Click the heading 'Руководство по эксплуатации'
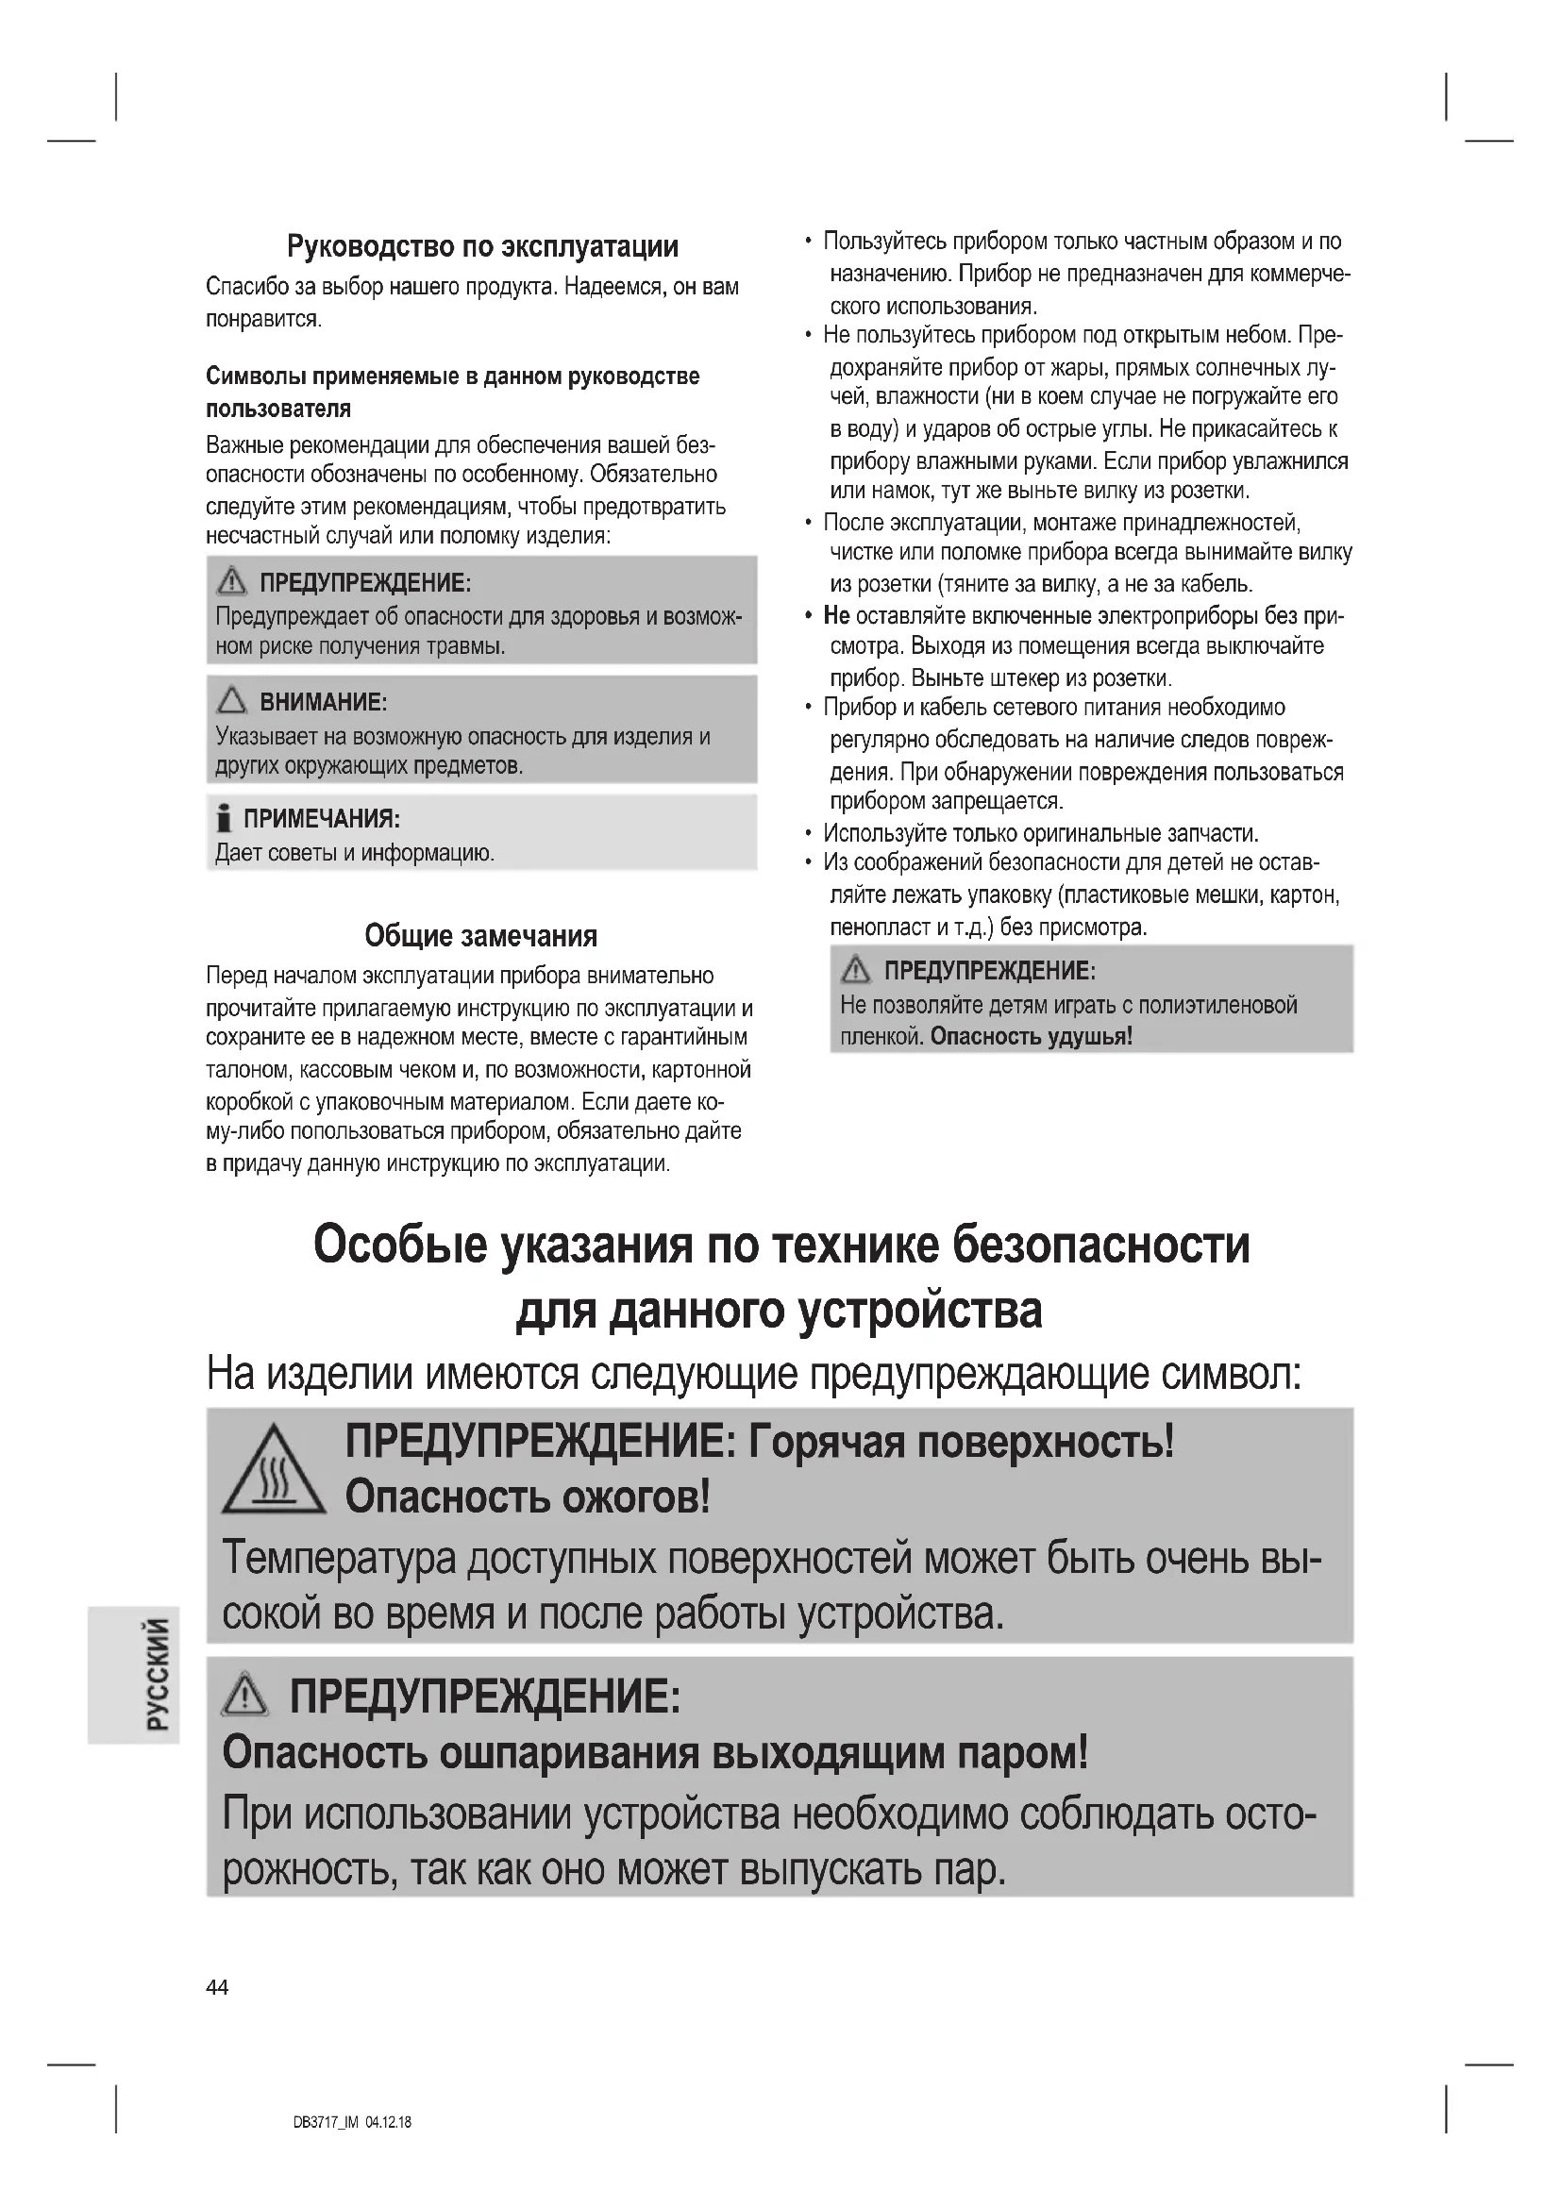(482, 247)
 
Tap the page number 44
(217, 1988)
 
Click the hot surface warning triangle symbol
(273, 1471)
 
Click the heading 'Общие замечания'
(480, 935)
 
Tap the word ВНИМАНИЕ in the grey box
(323, 702)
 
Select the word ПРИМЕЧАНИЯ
(321, 819)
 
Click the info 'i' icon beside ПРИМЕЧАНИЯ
(224, 819)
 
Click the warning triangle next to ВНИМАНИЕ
(231, 701)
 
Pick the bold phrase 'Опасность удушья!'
(1032, 1036)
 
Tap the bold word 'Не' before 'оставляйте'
(836, 616)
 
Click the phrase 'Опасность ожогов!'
(528, 1496)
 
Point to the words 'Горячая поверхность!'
(961, 1442)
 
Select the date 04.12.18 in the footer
(388, 2122)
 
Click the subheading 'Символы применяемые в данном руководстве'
(453, 376)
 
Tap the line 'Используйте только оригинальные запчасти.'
(1041, 833)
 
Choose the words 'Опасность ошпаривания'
(462, 1753)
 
